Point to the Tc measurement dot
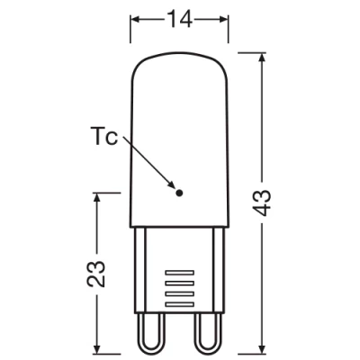coord(179,192)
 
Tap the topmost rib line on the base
coord(180,270)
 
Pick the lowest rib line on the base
coord(180,305)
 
